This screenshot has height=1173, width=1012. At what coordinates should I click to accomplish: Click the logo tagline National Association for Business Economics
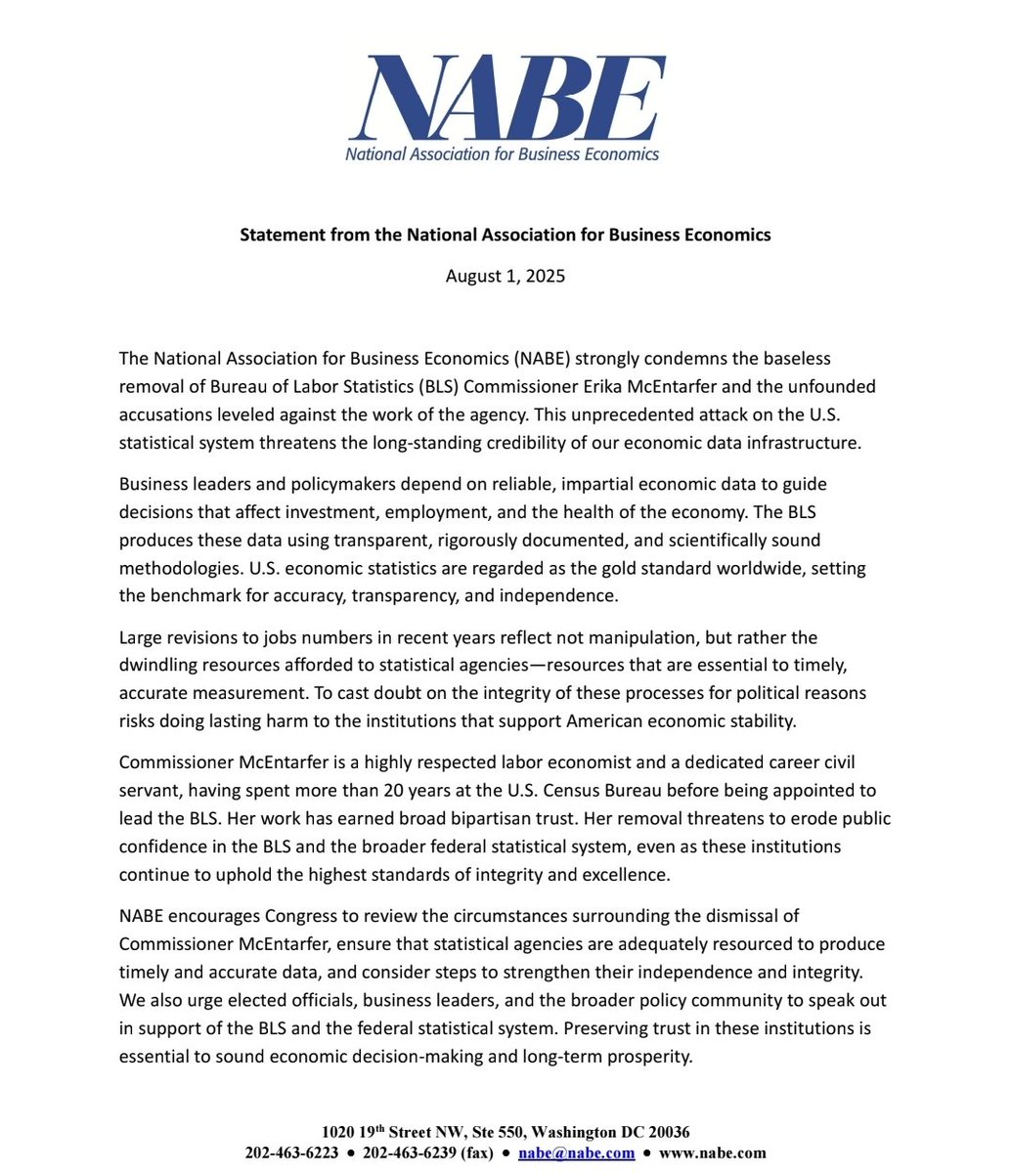pos(503,153)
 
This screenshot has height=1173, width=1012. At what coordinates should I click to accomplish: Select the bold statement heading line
pos(506,235)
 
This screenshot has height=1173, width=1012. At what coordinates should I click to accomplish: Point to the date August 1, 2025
pos(506,276)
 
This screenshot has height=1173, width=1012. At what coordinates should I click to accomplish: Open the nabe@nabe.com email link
pos(576,1153)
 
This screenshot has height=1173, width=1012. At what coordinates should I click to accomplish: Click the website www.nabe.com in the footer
pos(714,1153)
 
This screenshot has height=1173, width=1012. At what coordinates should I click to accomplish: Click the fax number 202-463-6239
pos(409,1153)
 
